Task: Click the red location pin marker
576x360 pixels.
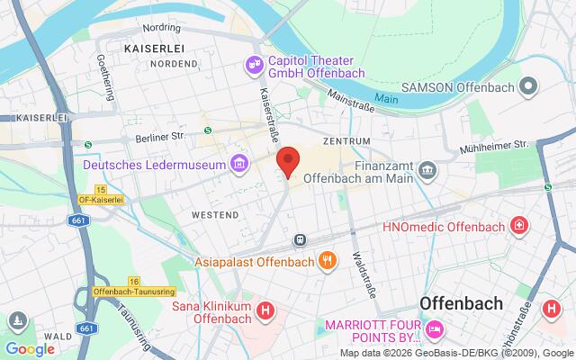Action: click(x=287, y=162)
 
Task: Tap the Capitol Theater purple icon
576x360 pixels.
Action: click(x=254, y=65)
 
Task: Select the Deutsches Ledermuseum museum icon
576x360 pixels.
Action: click(x=238, y=164)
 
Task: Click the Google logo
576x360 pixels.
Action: click(x=30, y=348)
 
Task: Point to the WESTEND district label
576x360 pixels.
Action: click(x=216, y=215)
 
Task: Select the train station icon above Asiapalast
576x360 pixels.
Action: click(x=298, y=239)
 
